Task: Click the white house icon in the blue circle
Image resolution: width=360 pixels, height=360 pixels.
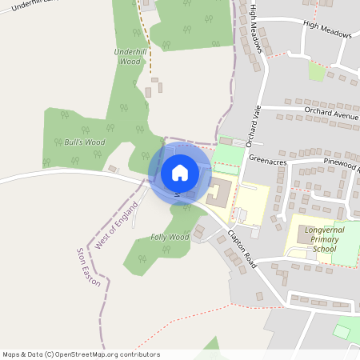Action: (x=179, y=172)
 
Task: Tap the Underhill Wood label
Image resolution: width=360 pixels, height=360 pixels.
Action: (x=127, y=56)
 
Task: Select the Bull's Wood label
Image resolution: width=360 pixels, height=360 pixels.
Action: (x=84, y=142)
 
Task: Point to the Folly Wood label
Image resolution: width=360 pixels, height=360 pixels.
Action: (x=169, y=238)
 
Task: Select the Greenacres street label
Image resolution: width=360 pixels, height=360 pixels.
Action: (x=267, y=159)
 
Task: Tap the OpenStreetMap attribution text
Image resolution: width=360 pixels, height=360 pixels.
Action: (x=81, y=354)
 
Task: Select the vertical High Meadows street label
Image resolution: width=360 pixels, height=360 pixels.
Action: (x=256, y=28)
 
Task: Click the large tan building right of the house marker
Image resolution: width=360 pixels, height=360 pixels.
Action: (x=220, y=193)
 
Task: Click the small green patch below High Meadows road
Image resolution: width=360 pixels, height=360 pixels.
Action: (x=317, y=71)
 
